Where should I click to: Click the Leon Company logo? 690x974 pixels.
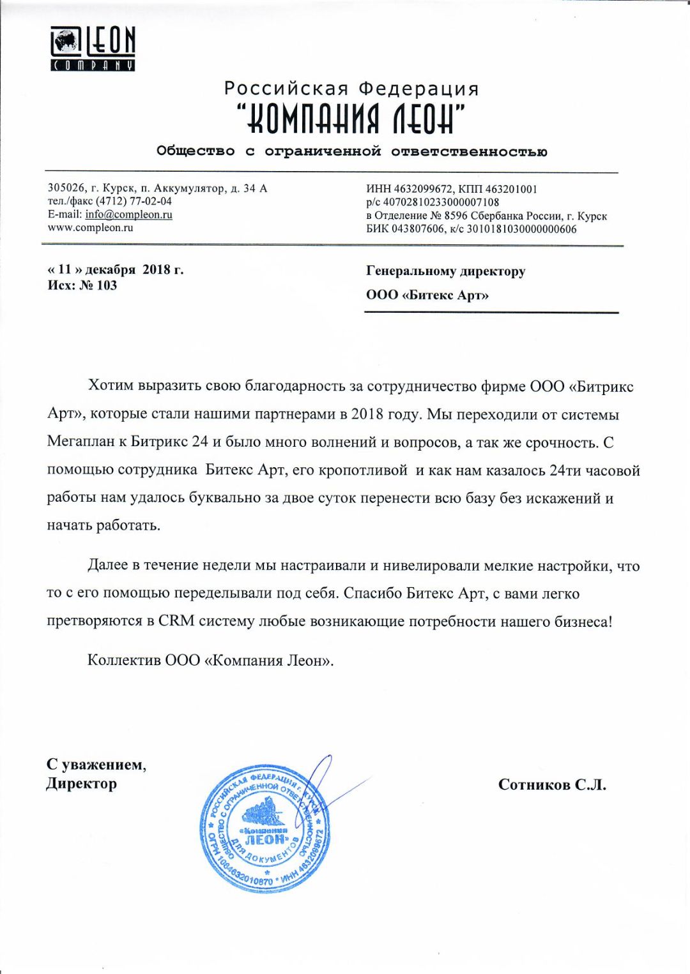coord(93,49)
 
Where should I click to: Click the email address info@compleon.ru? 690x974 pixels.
coord(128,214)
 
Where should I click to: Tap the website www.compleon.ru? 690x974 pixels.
coord(90,228)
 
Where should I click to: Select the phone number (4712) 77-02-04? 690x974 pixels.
coord(134,201)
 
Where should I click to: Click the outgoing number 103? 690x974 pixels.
coord(107,285)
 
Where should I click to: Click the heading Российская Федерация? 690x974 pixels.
coord(351,89)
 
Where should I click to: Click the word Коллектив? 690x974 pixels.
coord(124,660)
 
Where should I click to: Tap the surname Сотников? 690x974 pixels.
coord(533,784)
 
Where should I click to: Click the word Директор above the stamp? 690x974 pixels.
coord(81,783)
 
